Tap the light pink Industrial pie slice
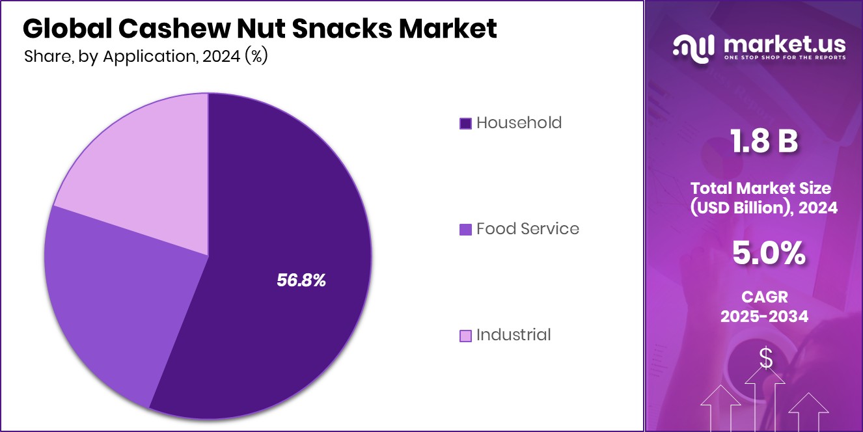point(143,163)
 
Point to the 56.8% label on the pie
point(301,280)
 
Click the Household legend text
point(519,122)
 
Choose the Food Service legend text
point(527,228)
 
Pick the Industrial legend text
point(514,334)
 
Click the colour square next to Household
point(465,123)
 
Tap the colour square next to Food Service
point(465,229)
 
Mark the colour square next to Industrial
point(465,336)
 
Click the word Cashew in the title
point(161,28)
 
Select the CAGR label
point(765,297)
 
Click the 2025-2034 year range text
point(765,316)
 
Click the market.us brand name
point(784,44)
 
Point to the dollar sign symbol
point(766,358)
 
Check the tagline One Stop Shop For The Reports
point(784,58)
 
